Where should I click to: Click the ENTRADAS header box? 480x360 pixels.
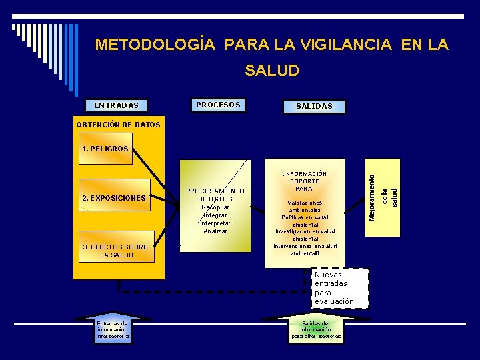pyautogui.click(x=116, y=105)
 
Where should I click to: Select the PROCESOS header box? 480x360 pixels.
pyautogui.click(x=218, y=105)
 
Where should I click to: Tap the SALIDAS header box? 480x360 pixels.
pyautogui.click(x=313, y=106)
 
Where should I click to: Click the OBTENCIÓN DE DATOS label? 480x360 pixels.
pyautogui.click(x=118, y=125)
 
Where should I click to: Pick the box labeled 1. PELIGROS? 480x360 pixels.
pyautogui.click(x=105, y=149)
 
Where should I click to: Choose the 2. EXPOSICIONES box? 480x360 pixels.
pyautogui.click(x=113, y=198)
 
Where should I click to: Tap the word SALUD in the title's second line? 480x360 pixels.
pyautogui.click(x=272, y=70)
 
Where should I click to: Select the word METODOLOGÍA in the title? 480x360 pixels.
pyautogui.click(x=155, y=45)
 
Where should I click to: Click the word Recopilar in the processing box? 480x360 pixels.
pyautogui.click(x=215, y=207)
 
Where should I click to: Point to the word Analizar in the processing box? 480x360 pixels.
pyautogui.click(x=215, y=231)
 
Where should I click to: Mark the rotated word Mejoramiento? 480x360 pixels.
pyautogui.click(x=372, y=194)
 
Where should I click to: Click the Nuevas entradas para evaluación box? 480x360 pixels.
pyautogui.click(x=340, y=288)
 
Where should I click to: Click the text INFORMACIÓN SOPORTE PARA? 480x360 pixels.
pyautogui.click(x=305, y=181)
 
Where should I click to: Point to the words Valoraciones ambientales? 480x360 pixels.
pyautogui.click(x=305, y=206)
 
